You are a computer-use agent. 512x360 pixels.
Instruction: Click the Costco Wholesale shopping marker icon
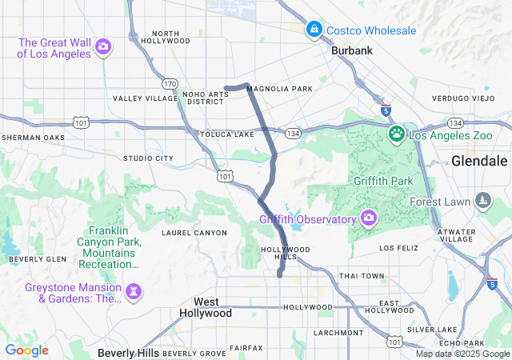[x=314, y=30]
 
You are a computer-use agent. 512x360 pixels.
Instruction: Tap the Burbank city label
[x=352, y=50]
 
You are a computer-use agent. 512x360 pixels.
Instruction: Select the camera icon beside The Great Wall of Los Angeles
[x=102, y=47]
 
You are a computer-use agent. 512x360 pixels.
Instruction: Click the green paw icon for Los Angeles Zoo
[x=397, y=134]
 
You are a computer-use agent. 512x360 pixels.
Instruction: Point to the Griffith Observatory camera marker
[x=368, y=218]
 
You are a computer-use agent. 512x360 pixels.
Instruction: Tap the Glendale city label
[x=480, y=160]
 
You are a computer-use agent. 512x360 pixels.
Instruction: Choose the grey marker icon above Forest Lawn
[x=482, y=199]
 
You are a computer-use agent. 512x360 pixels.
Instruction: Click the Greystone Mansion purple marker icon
[x=134, y=290]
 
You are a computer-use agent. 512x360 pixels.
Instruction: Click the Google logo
[x=26, y=350]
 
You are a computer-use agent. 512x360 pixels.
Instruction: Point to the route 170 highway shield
[x=169, y=83]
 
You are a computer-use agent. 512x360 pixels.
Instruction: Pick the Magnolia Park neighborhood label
[x=280, y=89]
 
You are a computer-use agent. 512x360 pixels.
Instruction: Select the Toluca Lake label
[x=226, y=134]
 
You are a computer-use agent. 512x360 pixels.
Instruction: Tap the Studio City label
[x=148, y=158]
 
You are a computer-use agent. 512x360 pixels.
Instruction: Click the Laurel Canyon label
[x=194, y=233]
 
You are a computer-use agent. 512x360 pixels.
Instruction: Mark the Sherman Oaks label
[x=33, y=138]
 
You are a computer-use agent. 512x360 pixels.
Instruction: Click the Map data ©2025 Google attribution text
[x=462, y=354]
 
